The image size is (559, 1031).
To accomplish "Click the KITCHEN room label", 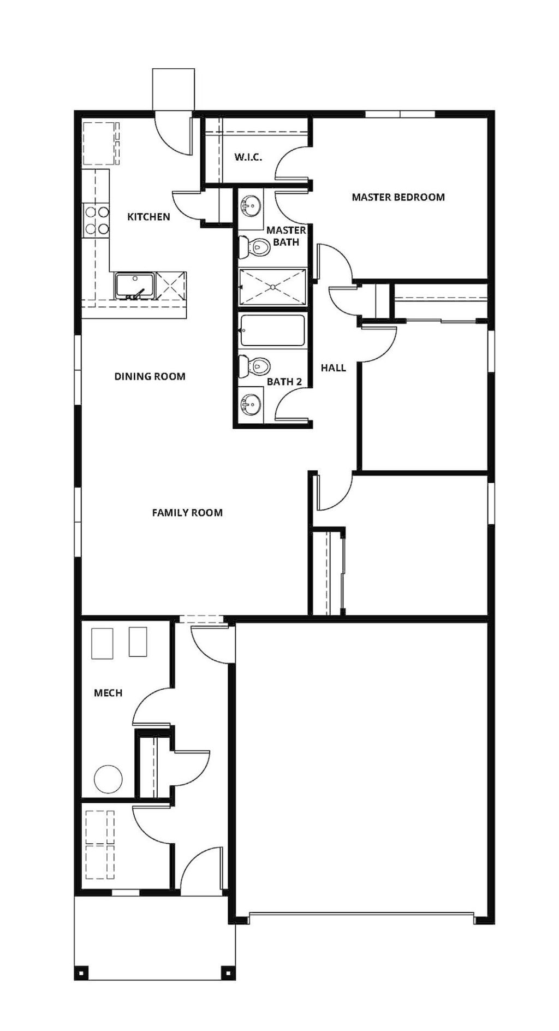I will (148, 217).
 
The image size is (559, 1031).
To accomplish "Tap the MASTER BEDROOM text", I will (398, 197).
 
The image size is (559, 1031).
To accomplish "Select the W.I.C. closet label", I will (248, 157).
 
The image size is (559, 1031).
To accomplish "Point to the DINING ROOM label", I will (150, 376).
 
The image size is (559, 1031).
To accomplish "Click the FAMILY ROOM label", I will (187, 512).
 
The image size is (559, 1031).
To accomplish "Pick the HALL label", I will (333, 368).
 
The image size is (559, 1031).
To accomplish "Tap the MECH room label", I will (108, 693).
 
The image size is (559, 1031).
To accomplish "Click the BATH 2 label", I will (284, 382).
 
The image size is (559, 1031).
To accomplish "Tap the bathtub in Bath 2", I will (272, 330).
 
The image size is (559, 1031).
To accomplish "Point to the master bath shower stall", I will (272, 287).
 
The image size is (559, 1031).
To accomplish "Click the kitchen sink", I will (135, 286).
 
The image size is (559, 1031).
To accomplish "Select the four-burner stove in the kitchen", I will (96, 220).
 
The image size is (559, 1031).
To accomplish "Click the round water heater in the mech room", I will (108, 779).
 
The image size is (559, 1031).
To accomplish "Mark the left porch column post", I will (81, 973).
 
